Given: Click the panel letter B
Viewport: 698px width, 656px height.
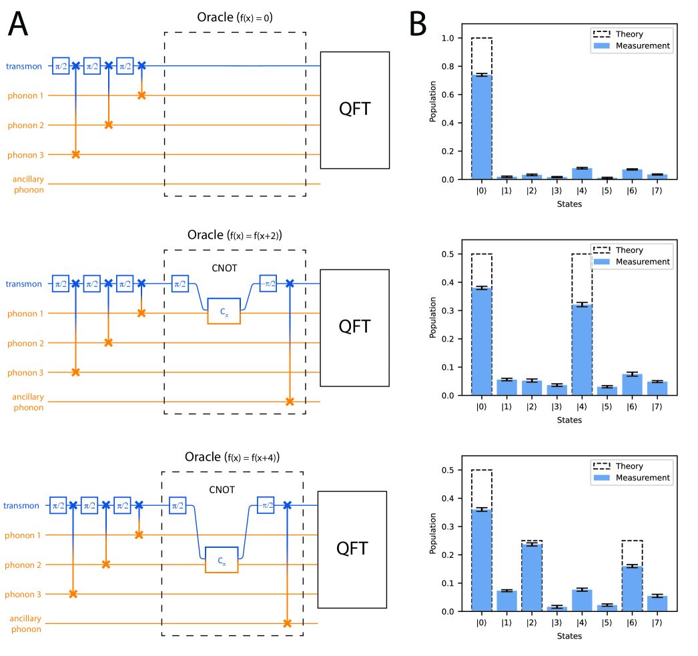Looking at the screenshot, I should (418, 25).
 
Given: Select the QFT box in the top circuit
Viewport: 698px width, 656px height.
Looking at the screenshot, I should (355, 109).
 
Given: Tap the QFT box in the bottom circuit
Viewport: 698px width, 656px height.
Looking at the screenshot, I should (352, 549).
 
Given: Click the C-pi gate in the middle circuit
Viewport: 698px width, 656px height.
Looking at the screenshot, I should (224, 312).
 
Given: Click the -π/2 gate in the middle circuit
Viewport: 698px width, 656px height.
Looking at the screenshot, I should (268, 284).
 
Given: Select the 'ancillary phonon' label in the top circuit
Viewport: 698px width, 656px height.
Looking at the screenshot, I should (28, 184).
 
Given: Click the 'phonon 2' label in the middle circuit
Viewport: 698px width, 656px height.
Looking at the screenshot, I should (26, 343).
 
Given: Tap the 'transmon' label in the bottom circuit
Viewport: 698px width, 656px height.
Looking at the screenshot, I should (21, 506).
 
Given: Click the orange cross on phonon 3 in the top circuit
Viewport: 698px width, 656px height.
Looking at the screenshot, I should (75, 154).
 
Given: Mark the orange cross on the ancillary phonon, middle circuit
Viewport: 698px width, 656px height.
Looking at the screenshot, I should (289, 402).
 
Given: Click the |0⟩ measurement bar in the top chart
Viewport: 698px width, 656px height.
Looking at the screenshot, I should (481, 127).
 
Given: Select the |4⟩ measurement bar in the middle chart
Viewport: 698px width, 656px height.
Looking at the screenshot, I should (581, 350).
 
